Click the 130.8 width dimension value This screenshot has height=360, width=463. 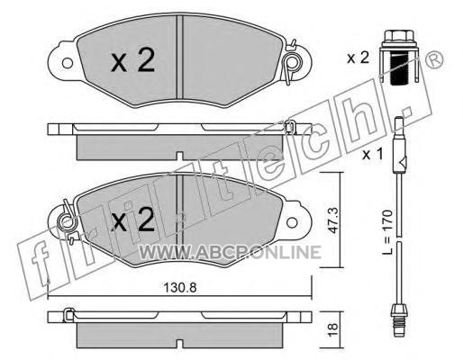[x=180, y=288]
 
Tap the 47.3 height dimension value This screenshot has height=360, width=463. [x=333, y=220]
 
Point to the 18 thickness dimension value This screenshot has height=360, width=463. [x=333, y=330]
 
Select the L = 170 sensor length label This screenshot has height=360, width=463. [x=387, y=232]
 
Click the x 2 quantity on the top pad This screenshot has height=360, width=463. [x=132, y=60]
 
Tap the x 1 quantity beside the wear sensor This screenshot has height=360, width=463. [x=373, y=155]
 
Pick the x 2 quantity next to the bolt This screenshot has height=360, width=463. [x=358, y=58]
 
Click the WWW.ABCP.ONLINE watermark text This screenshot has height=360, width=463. [x=230, y=252]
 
